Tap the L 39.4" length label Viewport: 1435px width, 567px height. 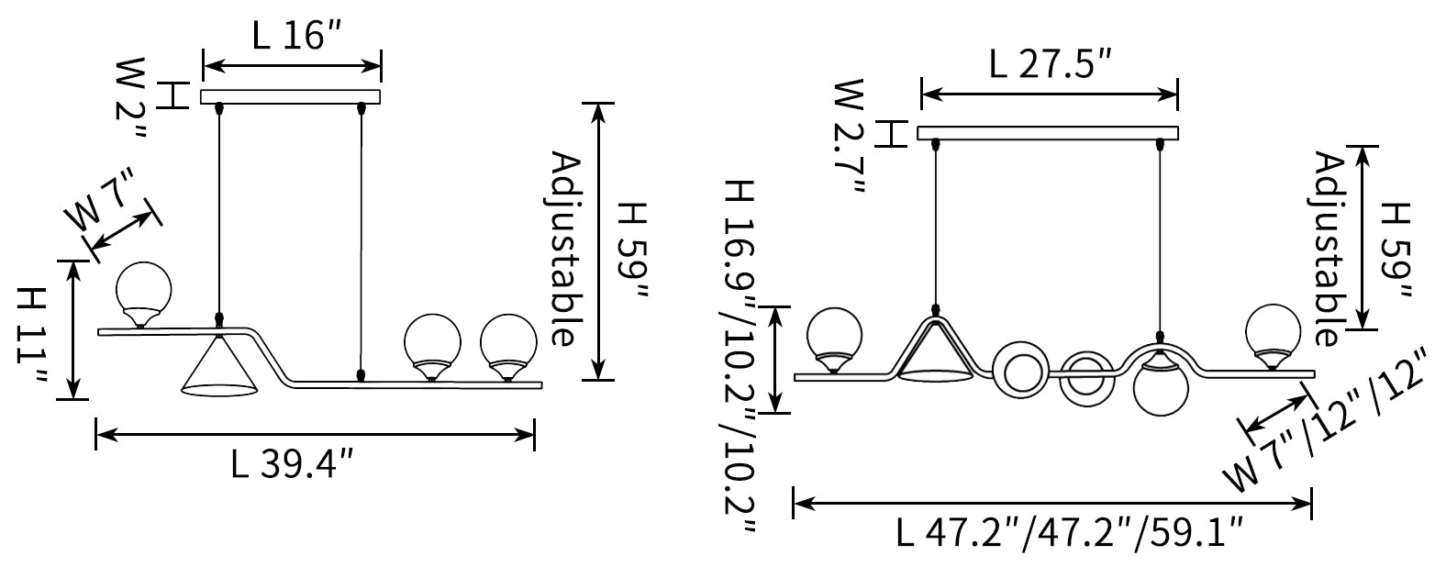pos(292,463)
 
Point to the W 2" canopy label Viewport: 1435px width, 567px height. pos(131,97)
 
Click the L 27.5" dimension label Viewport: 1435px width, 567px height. pos(1050,63)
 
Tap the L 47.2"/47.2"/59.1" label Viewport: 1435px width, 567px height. pos(1069,533)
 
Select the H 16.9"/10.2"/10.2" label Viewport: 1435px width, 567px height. pos(740,356)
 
